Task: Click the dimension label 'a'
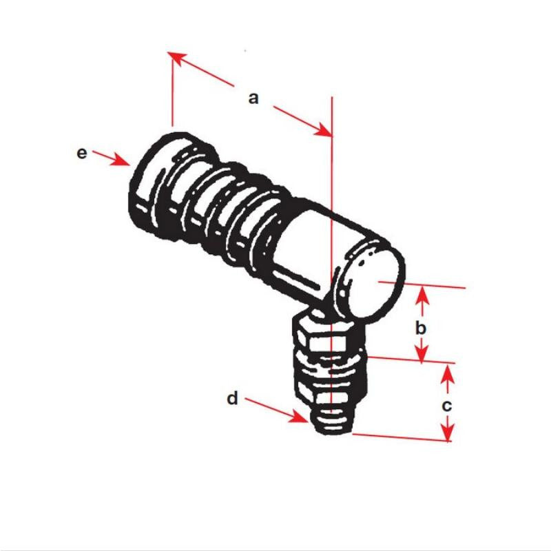tap(253, 98)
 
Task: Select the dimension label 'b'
tap(422, 327)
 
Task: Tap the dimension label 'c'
tap(447, 406)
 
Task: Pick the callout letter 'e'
tap(82, 153)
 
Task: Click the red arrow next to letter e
tap(113, 158)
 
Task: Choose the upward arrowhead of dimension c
tap(448, 373)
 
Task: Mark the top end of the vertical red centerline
tap(333, 98)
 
